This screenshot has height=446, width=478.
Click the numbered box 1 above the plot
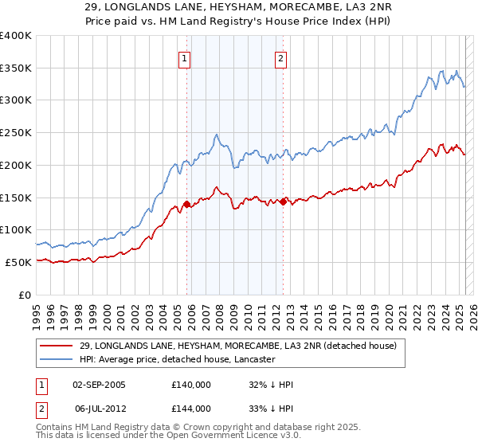185,57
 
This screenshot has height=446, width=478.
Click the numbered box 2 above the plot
281,57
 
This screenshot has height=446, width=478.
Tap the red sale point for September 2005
186,204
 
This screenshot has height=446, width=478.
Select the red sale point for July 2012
283,201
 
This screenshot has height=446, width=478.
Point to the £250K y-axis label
16,133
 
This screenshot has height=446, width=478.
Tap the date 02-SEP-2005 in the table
99,384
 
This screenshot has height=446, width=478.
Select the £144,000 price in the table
191,408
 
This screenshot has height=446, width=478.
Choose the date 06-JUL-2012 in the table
98,408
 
